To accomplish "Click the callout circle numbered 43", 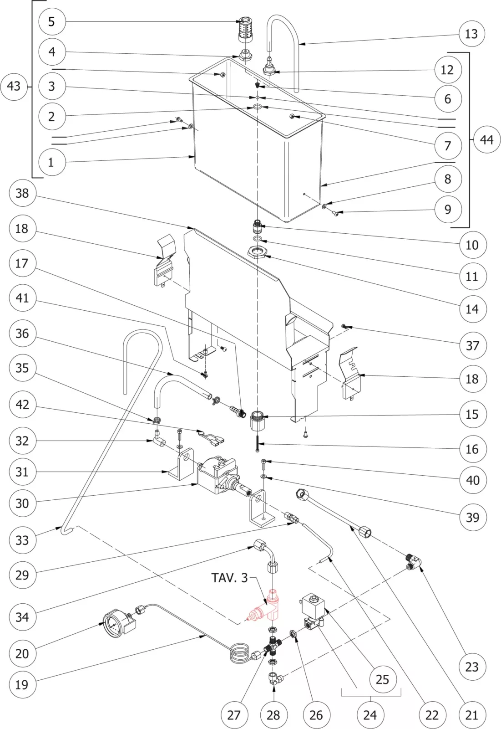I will pos(14,86).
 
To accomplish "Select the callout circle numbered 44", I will pos(486,139).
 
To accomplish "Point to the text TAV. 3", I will pos(229,578).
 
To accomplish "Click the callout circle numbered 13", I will pos(471,34).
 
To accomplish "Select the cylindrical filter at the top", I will pos(246,31).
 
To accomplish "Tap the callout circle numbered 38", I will pos(22,193).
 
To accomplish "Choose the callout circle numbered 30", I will pos(22,503).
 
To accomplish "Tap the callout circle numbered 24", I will pos(370,714).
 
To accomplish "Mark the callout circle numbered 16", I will pos(472,449).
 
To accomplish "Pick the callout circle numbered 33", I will pos(22,540).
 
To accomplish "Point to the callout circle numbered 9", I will pos(448,209).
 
